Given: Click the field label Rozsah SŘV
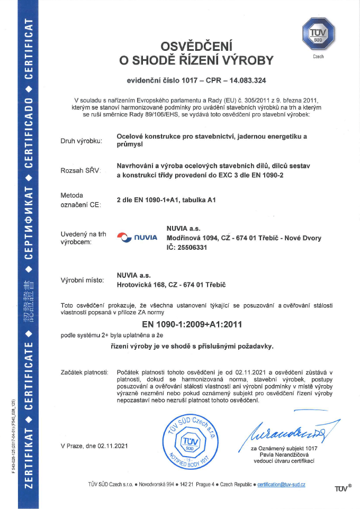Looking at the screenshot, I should (x=80, y=170).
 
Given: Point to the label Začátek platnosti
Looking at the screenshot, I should (x=85, y=373).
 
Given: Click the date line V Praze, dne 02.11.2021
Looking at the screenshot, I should (x=94, y=446).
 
